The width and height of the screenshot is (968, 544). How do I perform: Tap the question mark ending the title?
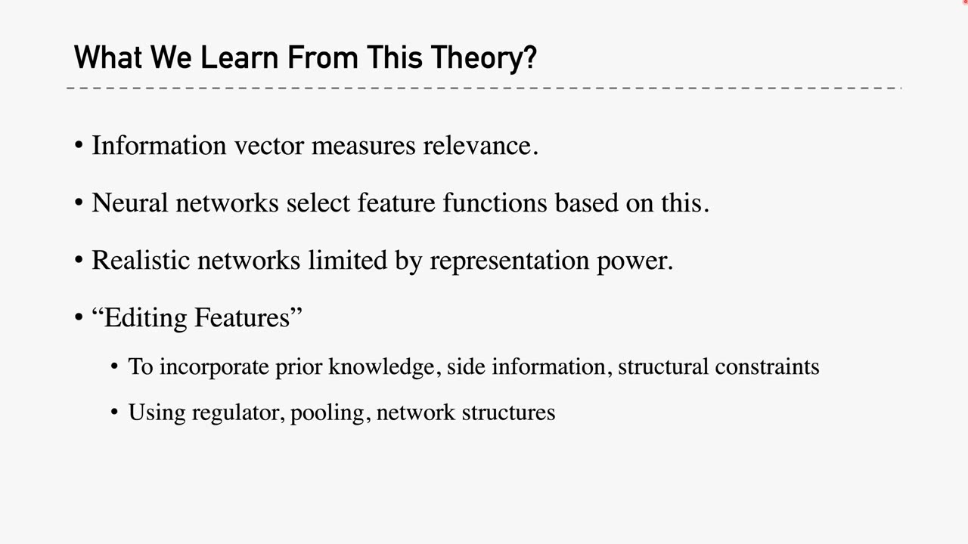(530, 58)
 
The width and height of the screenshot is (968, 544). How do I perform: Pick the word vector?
(269, 145)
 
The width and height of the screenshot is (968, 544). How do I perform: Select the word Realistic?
(141, 260)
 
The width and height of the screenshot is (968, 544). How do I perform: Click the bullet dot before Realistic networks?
(79, 261)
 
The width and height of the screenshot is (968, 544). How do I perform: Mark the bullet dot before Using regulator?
(114, 413)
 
